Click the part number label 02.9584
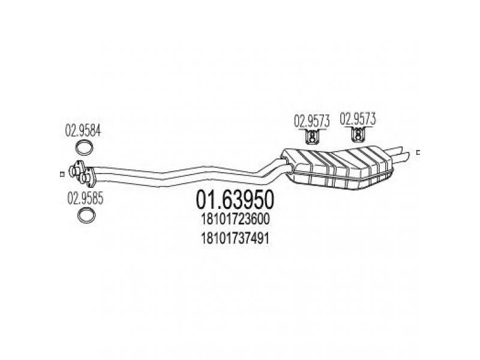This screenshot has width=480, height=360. click(83, 131)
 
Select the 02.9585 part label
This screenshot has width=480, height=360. click(85, 199)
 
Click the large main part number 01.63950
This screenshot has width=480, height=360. click(235, 200)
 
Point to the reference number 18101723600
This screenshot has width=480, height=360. click(235, 219)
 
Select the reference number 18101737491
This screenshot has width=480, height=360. click(235, 238)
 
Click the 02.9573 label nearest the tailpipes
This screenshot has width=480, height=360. click(358, 118)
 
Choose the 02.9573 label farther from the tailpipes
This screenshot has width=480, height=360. click(311, 121)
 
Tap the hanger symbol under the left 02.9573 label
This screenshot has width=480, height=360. click(311, 137)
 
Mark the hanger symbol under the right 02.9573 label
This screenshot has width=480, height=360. click(357, 134)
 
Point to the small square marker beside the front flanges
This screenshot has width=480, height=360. click(62, 174)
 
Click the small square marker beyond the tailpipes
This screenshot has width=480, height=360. click(418, 152)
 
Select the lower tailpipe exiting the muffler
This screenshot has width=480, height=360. click(400, 156)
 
